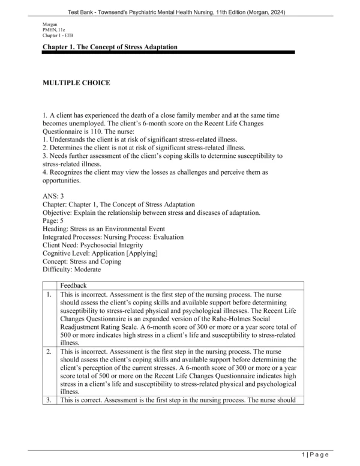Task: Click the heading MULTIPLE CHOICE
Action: [x=76, y=83]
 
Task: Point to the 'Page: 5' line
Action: [x=57, y=221]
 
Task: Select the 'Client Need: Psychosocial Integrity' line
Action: [x=92, y=246]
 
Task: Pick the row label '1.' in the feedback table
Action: [x=49, y=295]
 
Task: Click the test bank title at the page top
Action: [x=180, y=7]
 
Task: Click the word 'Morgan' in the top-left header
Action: [x=52, y=24]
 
